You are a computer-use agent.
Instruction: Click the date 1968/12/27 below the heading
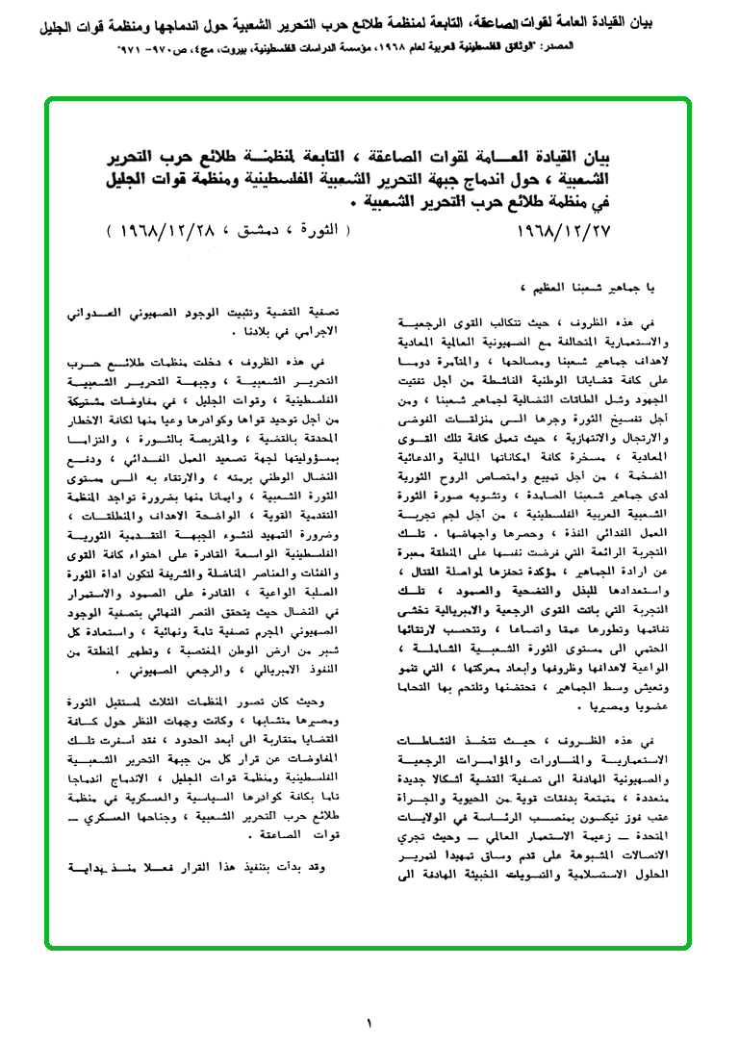coord(565,231)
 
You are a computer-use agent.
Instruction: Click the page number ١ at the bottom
coord(369,1023)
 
